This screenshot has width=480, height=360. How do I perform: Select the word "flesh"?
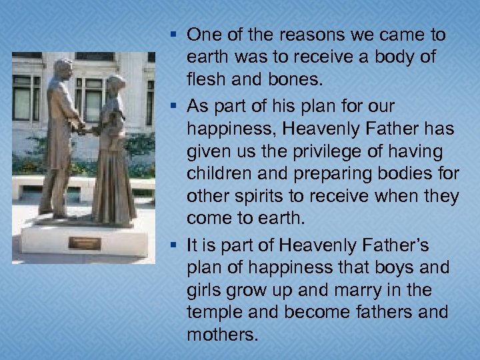(x=206, y=81)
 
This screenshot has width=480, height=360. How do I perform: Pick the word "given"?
(x=209, y=152)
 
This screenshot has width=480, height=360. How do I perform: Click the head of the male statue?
(x=63, y=69)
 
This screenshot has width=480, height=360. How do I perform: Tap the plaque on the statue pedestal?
(x=84, y=243)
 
